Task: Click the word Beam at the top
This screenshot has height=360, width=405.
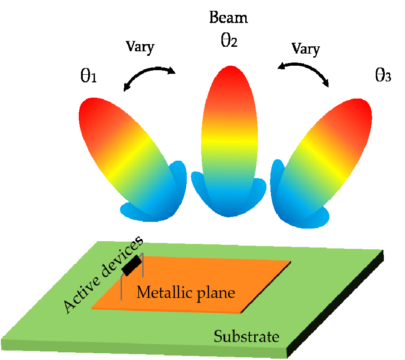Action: point(229,18)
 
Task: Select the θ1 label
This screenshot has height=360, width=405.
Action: point(88,77)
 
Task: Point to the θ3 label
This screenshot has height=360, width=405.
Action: point(383,75)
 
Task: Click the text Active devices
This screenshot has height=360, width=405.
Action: point(103,274)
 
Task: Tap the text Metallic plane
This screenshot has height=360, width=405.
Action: point(186,293)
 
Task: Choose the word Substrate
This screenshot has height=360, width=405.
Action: point(246,336)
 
